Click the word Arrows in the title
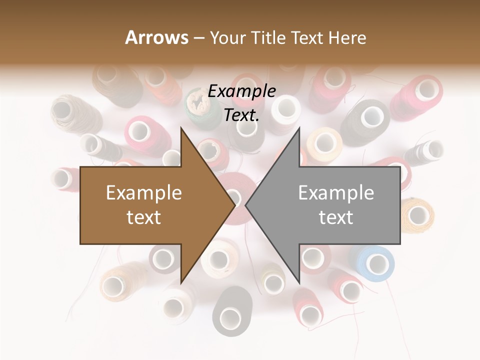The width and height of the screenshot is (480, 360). pyautogui.click(x=156, y=37)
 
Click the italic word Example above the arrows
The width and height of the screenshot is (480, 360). pyautogui.click(x=241, y=91)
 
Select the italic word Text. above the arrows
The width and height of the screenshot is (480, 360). pyautogui.click(x=241, y=115)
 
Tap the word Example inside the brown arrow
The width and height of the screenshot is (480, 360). pyautogui.click(x=144, y=193)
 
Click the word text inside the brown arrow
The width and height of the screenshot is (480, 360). pyautogui.click(x=144, y=217)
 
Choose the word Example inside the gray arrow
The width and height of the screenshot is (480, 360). pyautogui.click(x=336, y=193)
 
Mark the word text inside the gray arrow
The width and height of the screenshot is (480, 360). pyautogui.click(x=336, y=217)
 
